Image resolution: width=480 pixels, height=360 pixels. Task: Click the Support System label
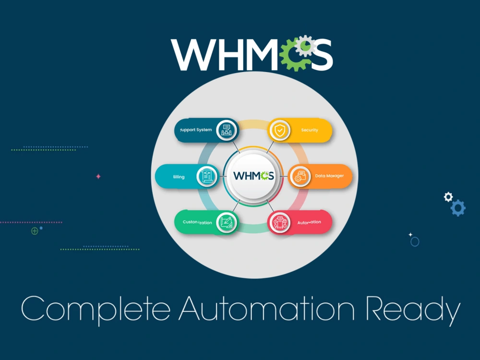pos(196,130)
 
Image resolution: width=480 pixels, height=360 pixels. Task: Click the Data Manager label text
pos(329,176)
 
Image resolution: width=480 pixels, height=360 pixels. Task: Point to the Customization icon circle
pos(226,222)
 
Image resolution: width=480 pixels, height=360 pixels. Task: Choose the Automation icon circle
pos(279,222)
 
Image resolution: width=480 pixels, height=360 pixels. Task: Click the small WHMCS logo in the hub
pos(253,176)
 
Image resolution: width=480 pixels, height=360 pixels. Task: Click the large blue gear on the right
pos(458,208)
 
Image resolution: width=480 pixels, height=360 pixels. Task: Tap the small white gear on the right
pos(448,196)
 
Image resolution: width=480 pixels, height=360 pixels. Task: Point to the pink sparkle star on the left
pos(98,177)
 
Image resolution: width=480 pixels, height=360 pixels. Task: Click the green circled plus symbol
pos(35,231)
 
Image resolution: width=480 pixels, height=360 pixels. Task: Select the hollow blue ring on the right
pos(415,242)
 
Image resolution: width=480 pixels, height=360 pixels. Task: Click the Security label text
pos(310,130)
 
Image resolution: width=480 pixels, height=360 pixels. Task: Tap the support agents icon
pos(227,130)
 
